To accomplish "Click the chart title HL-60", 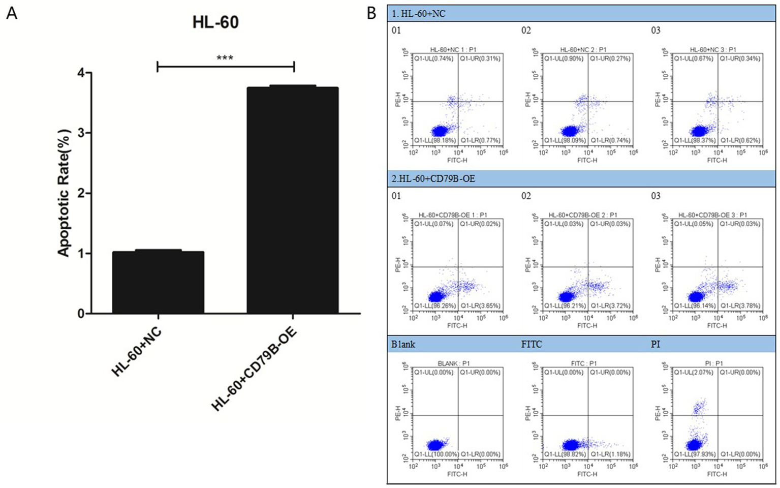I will [x=215, y=22].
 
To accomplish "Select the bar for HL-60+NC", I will [x=158, y=282].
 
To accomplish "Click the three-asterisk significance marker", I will [x=225, y=58].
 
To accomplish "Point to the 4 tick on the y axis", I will [x=81, y=73].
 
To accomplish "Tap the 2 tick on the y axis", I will [x=81, y=194].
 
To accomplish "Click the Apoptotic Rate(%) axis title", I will [x=63, y=194].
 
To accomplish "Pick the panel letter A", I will [x=11, y=13].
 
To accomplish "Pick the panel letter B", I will [x=371, y=13].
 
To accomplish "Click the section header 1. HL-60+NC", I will [x=418, y=14].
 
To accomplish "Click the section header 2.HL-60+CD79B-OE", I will [x=433, y=178].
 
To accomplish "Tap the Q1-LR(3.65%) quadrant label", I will [x=480, y=306].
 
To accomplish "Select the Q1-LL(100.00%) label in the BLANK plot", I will [x=436, y=454].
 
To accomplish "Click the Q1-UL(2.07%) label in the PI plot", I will [x=694, y=373].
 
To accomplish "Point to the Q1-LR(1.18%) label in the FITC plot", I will [x=610, y=454].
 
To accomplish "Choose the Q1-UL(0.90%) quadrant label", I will [x=564, y=59].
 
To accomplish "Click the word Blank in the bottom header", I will [x=403, y=344].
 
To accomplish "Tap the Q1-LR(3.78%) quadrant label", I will [x=740, y=306].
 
